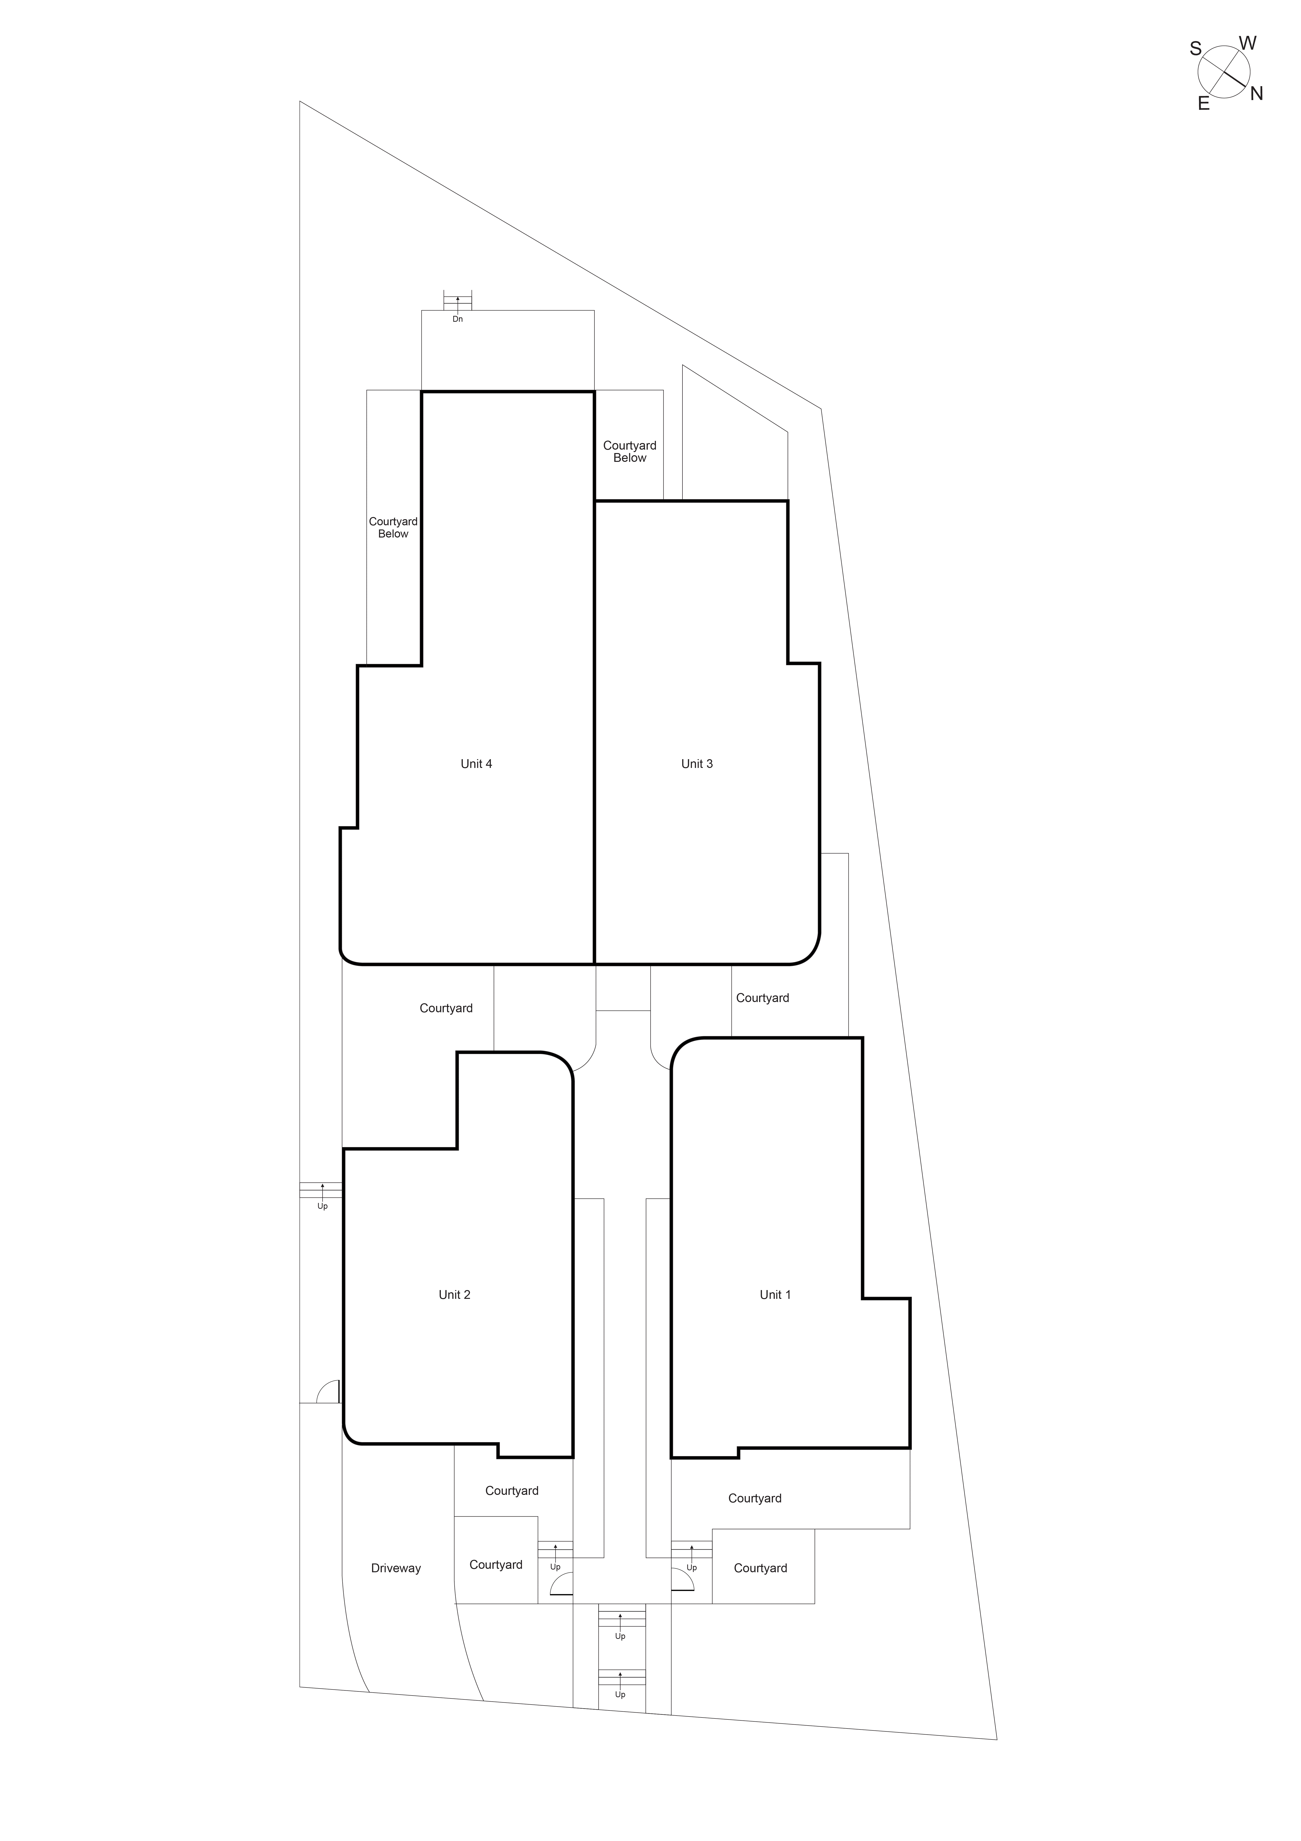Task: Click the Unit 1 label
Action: (x=774, y=1294)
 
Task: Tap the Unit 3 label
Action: (x=697, y=763)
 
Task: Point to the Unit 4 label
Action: (x=476, y=763)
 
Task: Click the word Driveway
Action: (x=395, y=1568)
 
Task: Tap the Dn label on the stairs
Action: (x=458, y=319)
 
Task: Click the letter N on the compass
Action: (x=1256, y=94)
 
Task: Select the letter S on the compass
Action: (x=1195, y=49)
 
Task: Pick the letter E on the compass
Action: (x=1203, y=103)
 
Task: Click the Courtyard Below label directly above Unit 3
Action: (x=629, y=451)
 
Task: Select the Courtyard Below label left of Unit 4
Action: (x=393, y=527)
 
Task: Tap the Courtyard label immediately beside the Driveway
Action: (x=495, y=1564)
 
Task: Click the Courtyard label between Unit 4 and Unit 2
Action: (x=446, y=1008)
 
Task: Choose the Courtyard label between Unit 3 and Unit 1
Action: (x=762, y=997)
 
